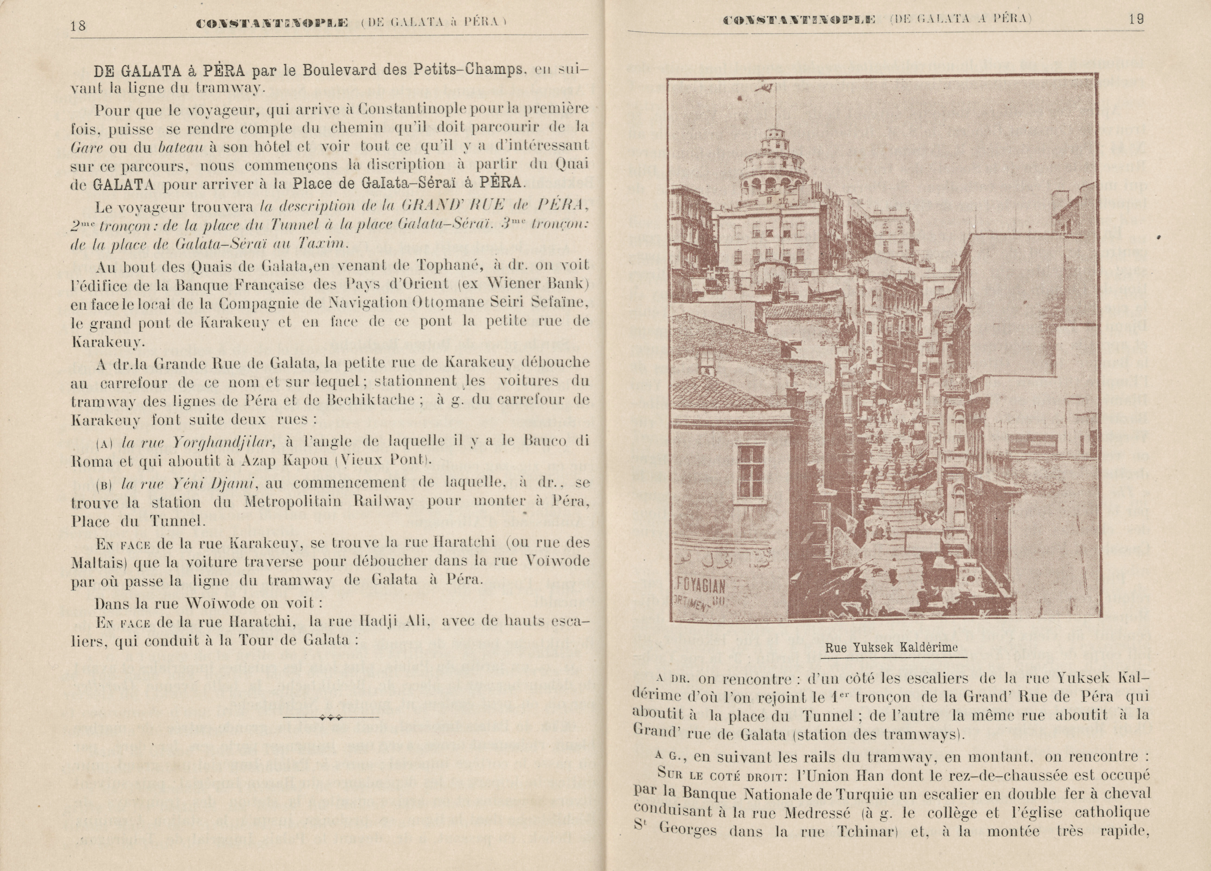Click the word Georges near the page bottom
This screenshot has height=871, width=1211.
688,831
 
